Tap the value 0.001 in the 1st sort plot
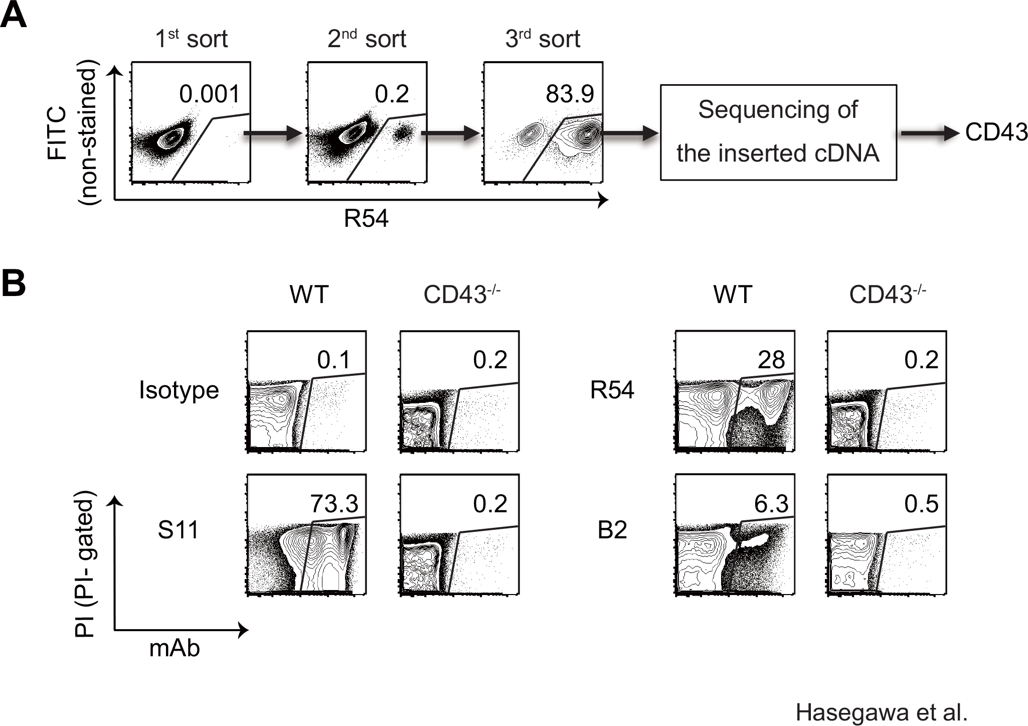(x=210, y=94)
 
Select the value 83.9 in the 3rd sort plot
(x=570, y=94)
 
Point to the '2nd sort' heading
(x=367, y=39)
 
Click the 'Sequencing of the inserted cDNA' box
(x=778, y=132)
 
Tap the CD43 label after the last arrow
(x=995, y=132)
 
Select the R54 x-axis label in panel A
(x=366, y=219)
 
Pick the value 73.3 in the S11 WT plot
(x=334, y=503)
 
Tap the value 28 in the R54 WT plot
(x=771, y=360)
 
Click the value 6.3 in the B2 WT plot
(x=771, y=503)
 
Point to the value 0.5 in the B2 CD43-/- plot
(x=921, y=503)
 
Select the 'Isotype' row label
(x=179, y=390)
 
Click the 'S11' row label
(x=178, y=530)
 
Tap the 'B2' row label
(x=612, y=530)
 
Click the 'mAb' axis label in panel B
(x=175, y=648)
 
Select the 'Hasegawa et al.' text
(x=881, y=713)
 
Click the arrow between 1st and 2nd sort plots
(x=273, y=134)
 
